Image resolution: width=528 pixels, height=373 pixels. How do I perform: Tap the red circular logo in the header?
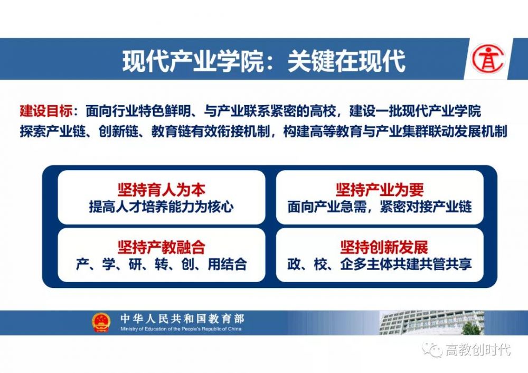pos(488,59)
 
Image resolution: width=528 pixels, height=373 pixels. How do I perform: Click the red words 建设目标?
pos(46,111)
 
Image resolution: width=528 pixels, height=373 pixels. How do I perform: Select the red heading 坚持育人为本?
pos(161,190)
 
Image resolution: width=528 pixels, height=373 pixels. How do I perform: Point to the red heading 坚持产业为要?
pos(380,190)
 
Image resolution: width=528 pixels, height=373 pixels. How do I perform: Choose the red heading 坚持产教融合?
pos(161,247)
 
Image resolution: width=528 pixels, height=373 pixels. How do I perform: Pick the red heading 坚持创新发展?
pos(384,247)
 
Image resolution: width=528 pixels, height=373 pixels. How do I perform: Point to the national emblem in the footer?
pos(101,322)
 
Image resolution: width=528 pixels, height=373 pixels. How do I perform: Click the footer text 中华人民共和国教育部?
pos(182,319)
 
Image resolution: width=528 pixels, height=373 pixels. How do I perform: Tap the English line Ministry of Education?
pos(181,329)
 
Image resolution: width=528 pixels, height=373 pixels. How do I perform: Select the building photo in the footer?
pos(432,323)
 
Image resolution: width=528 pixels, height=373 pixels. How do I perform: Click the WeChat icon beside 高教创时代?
pos(432,350)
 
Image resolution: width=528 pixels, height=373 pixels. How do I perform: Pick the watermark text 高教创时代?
pos(478,350)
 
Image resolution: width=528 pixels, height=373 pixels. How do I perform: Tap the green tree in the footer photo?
pos(471,328)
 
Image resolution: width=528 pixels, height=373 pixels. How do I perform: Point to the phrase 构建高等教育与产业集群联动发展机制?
pos(395,132)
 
